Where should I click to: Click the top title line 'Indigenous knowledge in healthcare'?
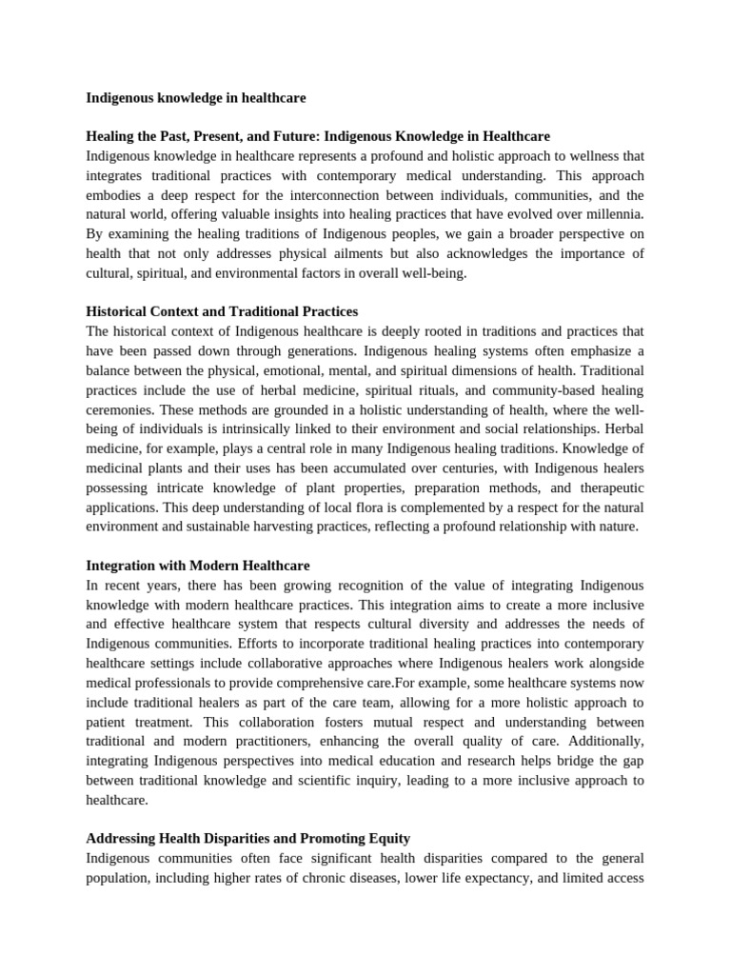[196, 98]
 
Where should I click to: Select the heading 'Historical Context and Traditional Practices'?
[222, 311]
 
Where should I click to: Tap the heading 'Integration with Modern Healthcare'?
[198, 566]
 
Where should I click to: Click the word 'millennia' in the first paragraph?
[613, 213]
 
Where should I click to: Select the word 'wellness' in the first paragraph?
[588, 156]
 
